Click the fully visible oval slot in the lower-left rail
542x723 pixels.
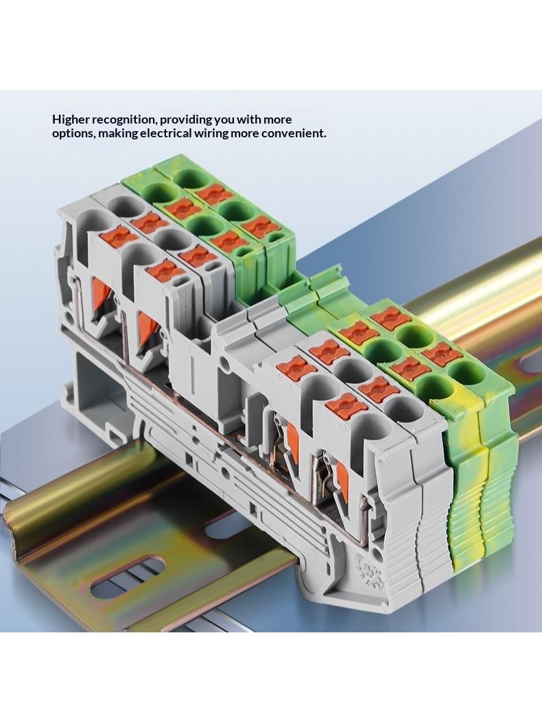coord(128,575)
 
